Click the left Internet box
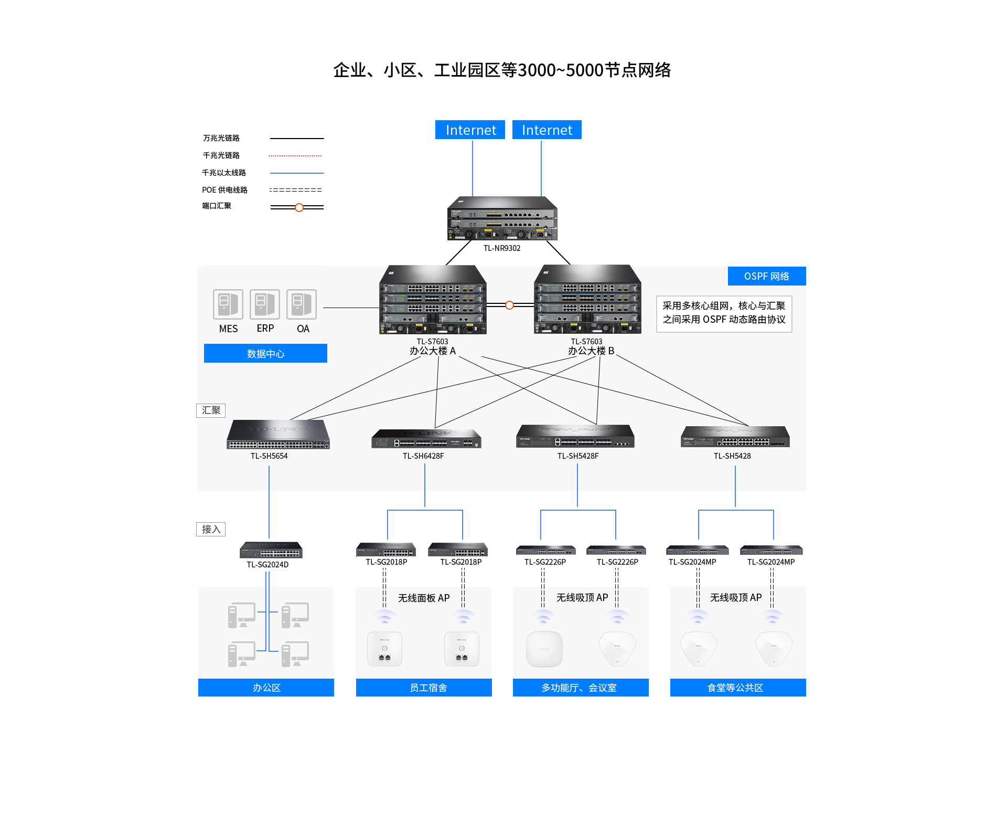click(470, 130)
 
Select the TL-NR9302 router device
click(502, 218)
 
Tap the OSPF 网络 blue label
click(767, 276)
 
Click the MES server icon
click(228, 304)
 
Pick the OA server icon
click(302, 304)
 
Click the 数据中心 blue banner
click(265, 353)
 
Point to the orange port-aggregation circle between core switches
click(509, 305)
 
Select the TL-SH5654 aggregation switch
click(278, 434)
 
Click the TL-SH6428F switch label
click(423, 456)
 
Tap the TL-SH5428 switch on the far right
click(735, 437)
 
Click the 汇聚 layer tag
click(211, 410)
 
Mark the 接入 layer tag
click(211, 529)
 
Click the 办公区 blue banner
click(266, 688)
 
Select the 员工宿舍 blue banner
click(424, 688)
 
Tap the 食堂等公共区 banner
click(738, 688)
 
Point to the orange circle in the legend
click(299, 207)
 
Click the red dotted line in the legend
click(295, 156)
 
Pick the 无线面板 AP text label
click(424, 598)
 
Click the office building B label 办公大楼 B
click(591, 351)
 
